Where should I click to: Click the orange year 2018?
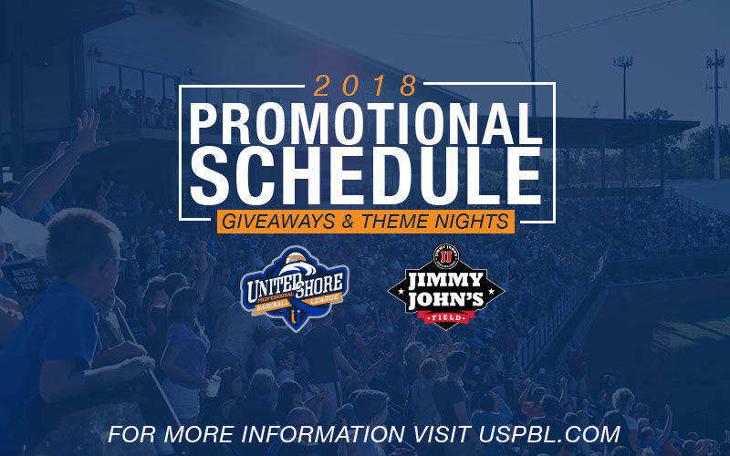tap(364, 86)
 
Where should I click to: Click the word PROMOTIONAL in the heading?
tap(367, 124)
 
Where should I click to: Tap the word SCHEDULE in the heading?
tap(367, 177)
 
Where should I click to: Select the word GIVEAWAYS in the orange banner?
tap(278, 222)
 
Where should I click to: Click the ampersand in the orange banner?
tap(348, 222)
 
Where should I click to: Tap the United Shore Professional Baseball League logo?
tap(294, 288)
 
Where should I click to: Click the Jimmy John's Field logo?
tap(445, 287)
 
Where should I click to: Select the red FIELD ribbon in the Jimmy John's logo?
tap(445, 317)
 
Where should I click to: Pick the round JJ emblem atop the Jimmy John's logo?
tap(446, 256)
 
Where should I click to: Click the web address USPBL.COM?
tap(550, 434)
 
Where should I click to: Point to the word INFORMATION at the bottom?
tap(323, 434)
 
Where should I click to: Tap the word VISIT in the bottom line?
tap(442, 434)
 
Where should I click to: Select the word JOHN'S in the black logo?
tap(445, 300)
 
